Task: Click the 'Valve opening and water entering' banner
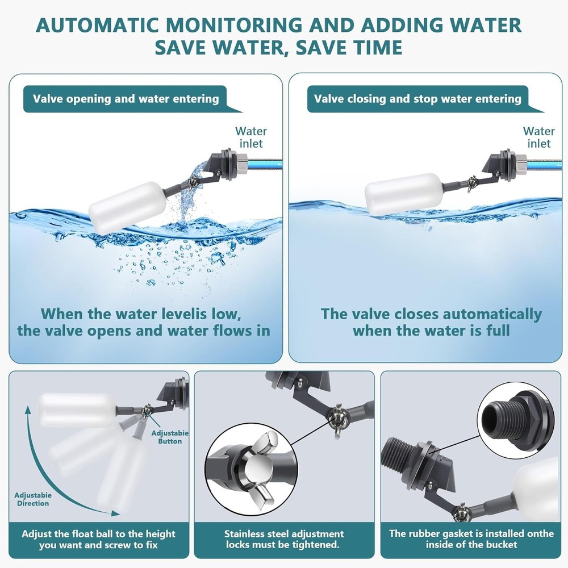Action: [x=126, y=99]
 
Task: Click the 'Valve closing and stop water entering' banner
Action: [x=417, y=99]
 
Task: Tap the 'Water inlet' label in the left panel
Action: [x=250, y=137]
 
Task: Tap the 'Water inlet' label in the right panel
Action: [x=538, y=137]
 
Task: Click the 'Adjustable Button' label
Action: [x=169, y=437]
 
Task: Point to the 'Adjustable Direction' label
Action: [x=32, y=499]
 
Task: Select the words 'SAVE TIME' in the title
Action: [x=346, y=47]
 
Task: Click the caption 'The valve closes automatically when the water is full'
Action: [x=431, y=322]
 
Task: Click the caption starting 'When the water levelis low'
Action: [x=143, y=322]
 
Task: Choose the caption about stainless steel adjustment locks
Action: [x=284, y=539]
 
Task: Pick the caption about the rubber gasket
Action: [x=471, y=539]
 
